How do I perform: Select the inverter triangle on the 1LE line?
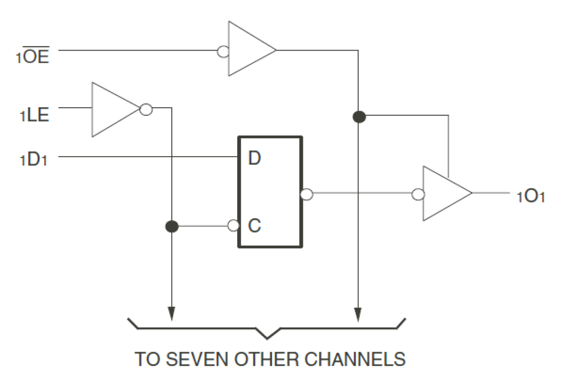[x=112, y=109]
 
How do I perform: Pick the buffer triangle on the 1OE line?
[x=248, y=49]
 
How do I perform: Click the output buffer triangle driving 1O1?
[x=443, y=193]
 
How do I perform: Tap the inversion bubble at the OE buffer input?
[x=223, y=52]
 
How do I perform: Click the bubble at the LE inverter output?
[x=146, y=110]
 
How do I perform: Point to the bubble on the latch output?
[x=307, y=194]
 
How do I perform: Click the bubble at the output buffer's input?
[x=418, y=194]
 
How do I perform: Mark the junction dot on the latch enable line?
[x=171, y=226]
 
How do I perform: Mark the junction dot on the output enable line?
[x=359, y=117]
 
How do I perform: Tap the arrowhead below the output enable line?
[x=358, y=314]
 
